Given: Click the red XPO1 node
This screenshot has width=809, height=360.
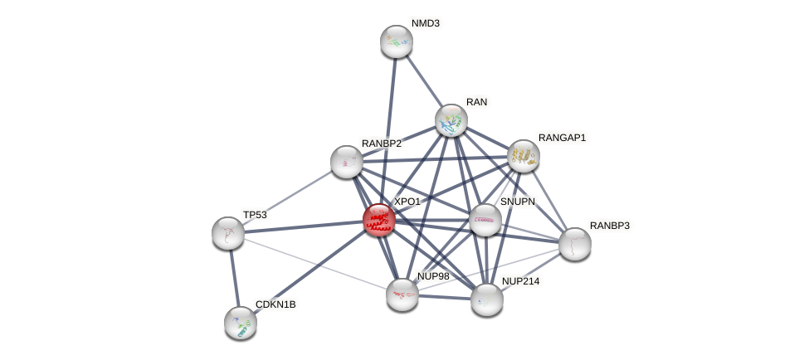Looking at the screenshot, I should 378,220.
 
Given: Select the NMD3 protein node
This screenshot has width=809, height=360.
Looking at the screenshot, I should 397,41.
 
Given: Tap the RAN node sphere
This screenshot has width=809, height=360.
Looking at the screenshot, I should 451,120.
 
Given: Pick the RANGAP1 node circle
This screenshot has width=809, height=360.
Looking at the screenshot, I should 523,155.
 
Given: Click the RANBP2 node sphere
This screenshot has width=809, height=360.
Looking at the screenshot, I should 347,161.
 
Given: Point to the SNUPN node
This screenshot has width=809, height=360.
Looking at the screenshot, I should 485,220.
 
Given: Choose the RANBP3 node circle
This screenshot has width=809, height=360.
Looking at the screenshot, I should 574,243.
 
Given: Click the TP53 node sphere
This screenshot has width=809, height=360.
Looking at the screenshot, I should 228,232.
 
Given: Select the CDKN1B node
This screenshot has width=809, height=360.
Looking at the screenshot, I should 241,322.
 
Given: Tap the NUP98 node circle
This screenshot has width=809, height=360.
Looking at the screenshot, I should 402,294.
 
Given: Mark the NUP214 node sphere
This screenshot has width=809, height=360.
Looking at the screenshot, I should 487,299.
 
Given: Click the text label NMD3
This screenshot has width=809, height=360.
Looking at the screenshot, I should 426,23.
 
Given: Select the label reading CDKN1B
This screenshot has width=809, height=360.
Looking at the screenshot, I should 275,304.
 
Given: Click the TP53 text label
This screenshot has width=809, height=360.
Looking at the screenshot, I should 255,215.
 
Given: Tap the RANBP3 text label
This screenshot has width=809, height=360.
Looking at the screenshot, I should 610,226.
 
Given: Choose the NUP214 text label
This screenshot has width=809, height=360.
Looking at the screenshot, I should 520,281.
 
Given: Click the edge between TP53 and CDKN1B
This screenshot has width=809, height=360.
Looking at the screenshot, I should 234,277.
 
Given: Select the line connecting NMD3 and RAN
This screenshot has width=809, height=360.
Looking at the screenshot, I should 424,81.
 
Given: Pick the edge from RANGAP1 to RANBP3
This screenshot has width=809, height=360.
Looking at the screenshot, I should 548,199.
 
